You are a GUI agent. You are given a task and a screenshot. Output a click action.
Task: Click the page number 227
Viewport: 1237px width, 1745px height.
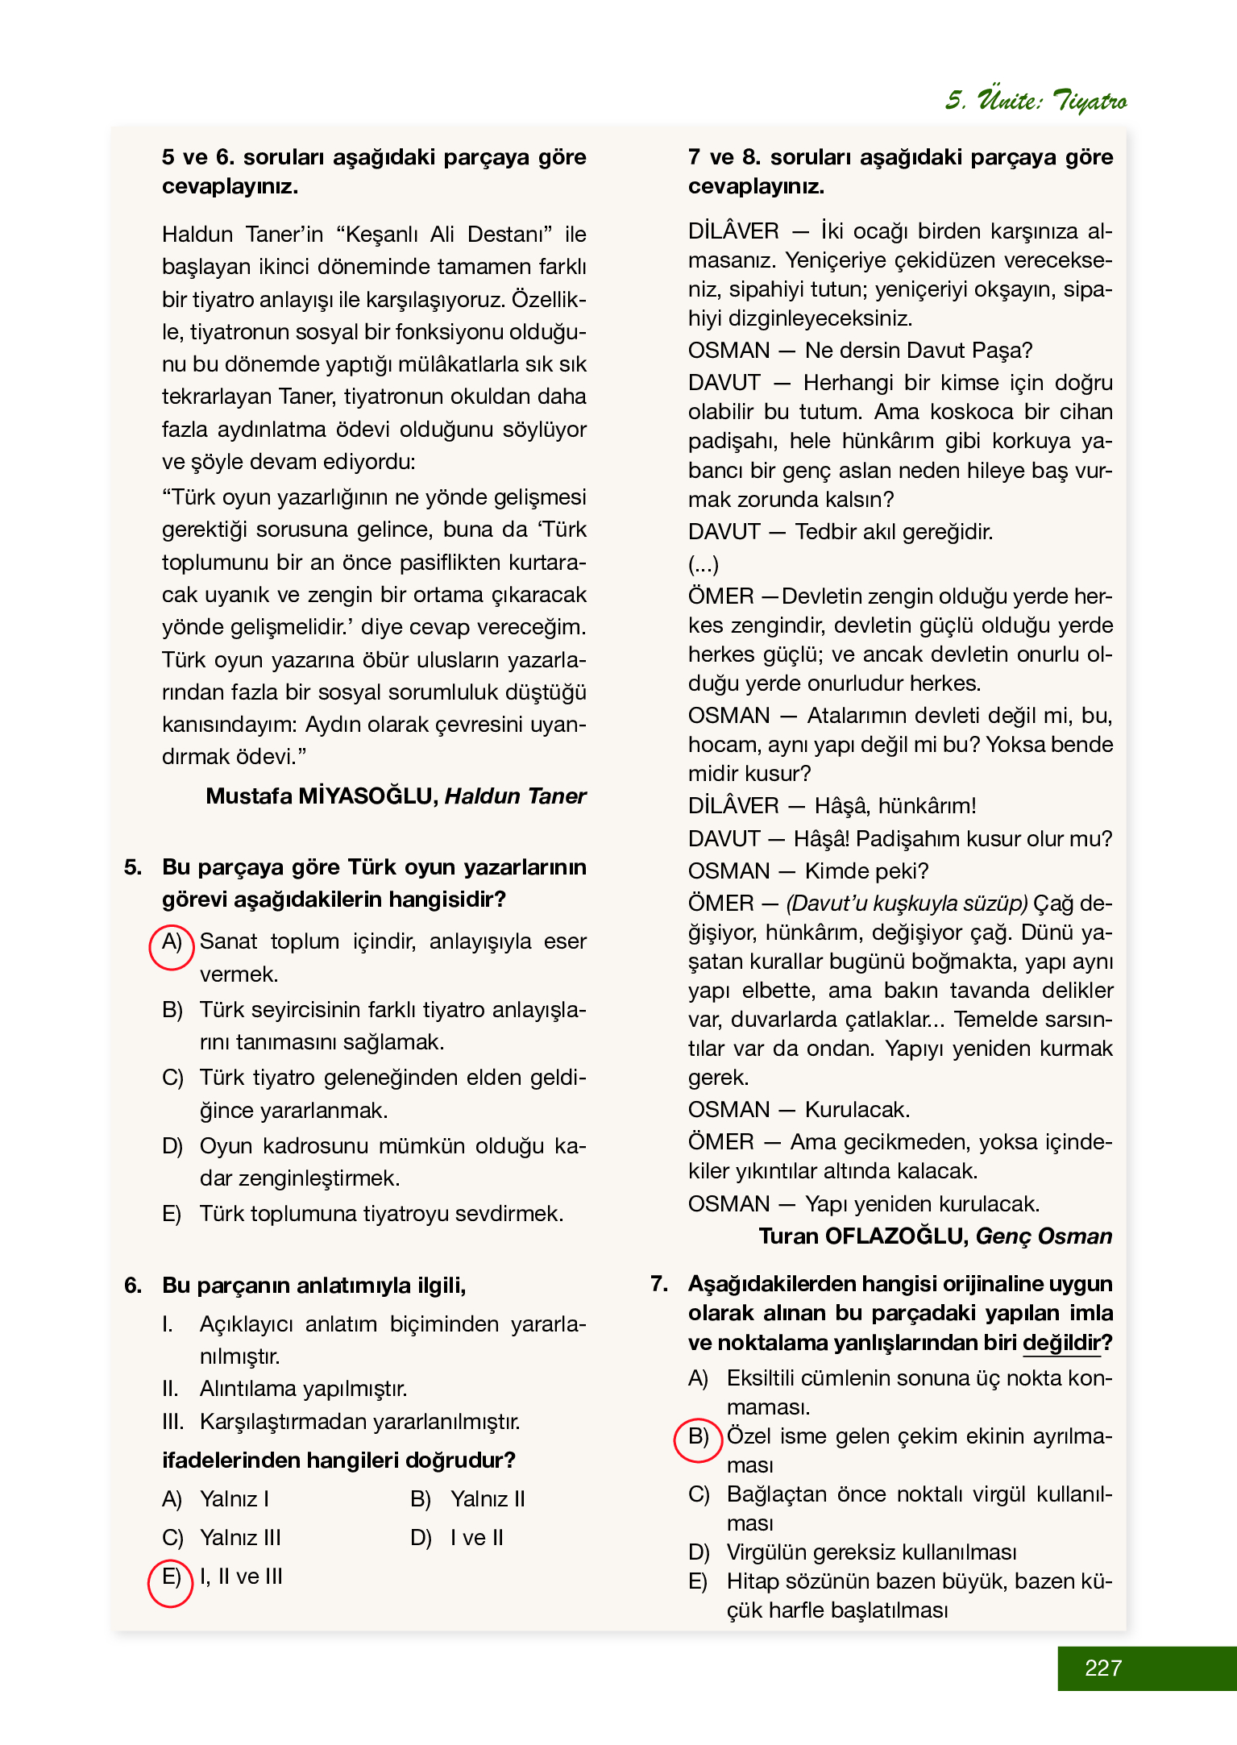(1102, 1668)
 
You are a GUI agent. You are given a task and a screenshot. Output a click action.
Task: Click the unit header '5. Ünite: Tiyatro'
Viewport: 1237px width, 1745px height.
(1036, 100)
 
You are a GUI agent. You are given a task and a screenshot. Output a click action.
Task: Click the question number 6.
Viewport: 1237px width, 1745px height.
(134, 1285)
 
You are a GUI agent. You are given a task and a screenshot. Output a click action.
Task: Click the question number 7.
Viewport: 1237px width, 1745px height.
(659, 1283)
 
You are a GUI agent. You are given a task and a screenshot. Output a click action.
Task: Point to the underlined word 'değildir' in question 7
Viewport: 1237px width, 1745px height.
(1061, 1343)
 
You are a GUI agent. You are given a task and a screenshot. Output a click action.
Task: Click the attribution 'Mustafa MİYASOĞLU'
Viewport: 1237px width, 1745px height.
(321, 796)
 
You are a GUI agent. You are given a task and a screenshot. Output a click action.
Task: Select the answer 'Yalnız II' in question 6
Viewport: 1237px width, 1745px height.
(488, 1499)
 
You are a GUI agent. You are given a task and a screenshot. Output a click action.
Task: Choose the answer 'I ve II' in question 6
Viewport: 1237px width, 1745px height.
(477, 1538)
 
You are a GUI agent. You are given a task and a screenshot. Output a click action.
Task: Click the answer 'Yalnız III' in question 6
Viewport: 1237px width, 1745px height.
(240, 1538)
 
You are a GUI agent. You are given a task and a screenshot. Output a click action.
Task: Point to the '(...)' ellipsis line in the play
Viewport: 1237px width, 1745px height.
(704, 564)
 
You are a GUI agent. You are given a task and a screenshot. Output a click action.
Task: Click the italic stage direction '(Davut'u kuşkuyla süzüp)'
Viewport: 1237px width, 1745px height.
(907, 904)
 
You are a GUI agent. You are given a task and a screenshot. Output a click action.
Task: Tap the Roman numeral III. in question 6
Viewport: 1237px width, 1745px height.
(172, 1422)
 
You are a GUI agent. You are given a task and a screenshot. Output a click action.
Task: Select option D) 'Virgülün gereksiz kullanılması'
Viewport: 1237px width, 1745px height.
(870, 1552)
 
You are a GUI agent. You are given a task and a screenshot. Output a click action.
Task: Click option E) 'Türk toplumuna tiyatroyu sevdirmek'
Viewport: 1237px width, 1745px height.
(380, 1214)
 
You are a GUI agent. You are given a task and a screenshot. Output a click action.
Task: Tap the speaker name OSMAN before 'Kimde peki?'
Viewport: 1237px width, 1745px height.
(729, 871)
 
